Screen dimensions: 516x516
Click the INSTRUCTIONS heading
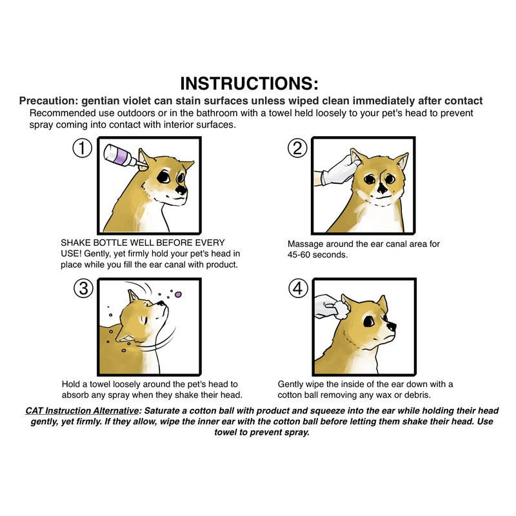[x=250, y=83]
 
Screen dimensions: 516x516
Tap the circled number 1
[x=83, y=148]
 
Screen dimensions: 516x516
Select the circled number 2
[x=297, y=148]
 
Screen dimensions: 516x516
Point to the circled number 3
[x=84, y=288]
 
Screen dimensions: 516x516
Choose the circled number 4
[x=298, y=288]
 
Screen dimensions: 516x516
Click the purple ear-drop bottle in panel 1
[x=120, y=157]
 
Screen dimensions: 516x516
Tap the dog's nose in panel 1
[x=181, y=190]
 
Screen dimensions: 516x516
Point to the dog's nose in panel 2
[x=382, y=189]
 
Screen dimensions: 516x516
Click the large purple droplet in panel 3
[x=178, y=294]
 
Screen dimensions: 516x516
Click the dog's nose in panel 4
[x=392, y=326]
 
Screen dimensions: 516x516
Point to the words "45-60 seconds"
[x=317, y=255]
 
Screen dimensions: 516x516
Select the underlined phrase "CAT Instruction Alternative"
[x=83, y=411]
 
